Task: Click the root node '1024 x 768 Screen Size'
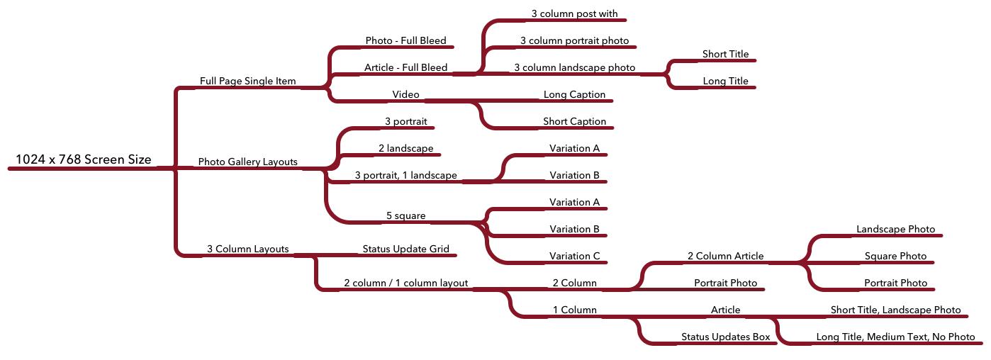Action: tap(84, 159)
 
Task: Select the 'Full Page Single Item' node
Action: tap(248, 81)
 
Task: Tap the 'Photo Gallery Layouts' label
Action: tap(248, 162)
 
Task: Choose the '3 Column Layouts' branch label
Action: tap(248, 249)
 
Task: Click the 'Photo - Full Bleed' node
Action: tap(405, 40)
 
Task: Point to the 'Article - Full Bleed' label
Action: tap(405, 67)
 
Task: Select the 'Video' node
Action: tap(405, 95)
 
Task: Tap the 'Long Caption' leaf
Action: tap(574, 95)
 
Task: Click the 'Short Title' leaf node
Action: tap(726, 54)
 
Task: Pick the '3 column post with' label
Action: tap(574, 13)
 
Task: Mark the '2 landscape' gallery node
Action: tap(405, 149)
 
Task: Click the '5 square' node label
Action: tap(405, 216)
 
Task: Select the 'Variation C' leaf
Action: tap(574, 256)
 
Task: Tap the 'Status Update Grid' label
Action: tap(405, 249)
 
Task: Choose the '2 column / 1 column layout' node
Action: tap(405, 283)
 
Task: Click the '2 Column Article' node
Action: tap(726, 256)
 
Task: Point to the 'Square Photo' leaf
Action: tap(895, 256)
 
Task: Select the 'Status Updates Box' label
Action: tap(726, 337)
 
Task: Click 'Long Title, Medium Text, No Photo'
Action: tap(895, 337)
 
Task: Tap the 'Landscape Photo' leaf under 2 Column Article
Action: tap(895, 229)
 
